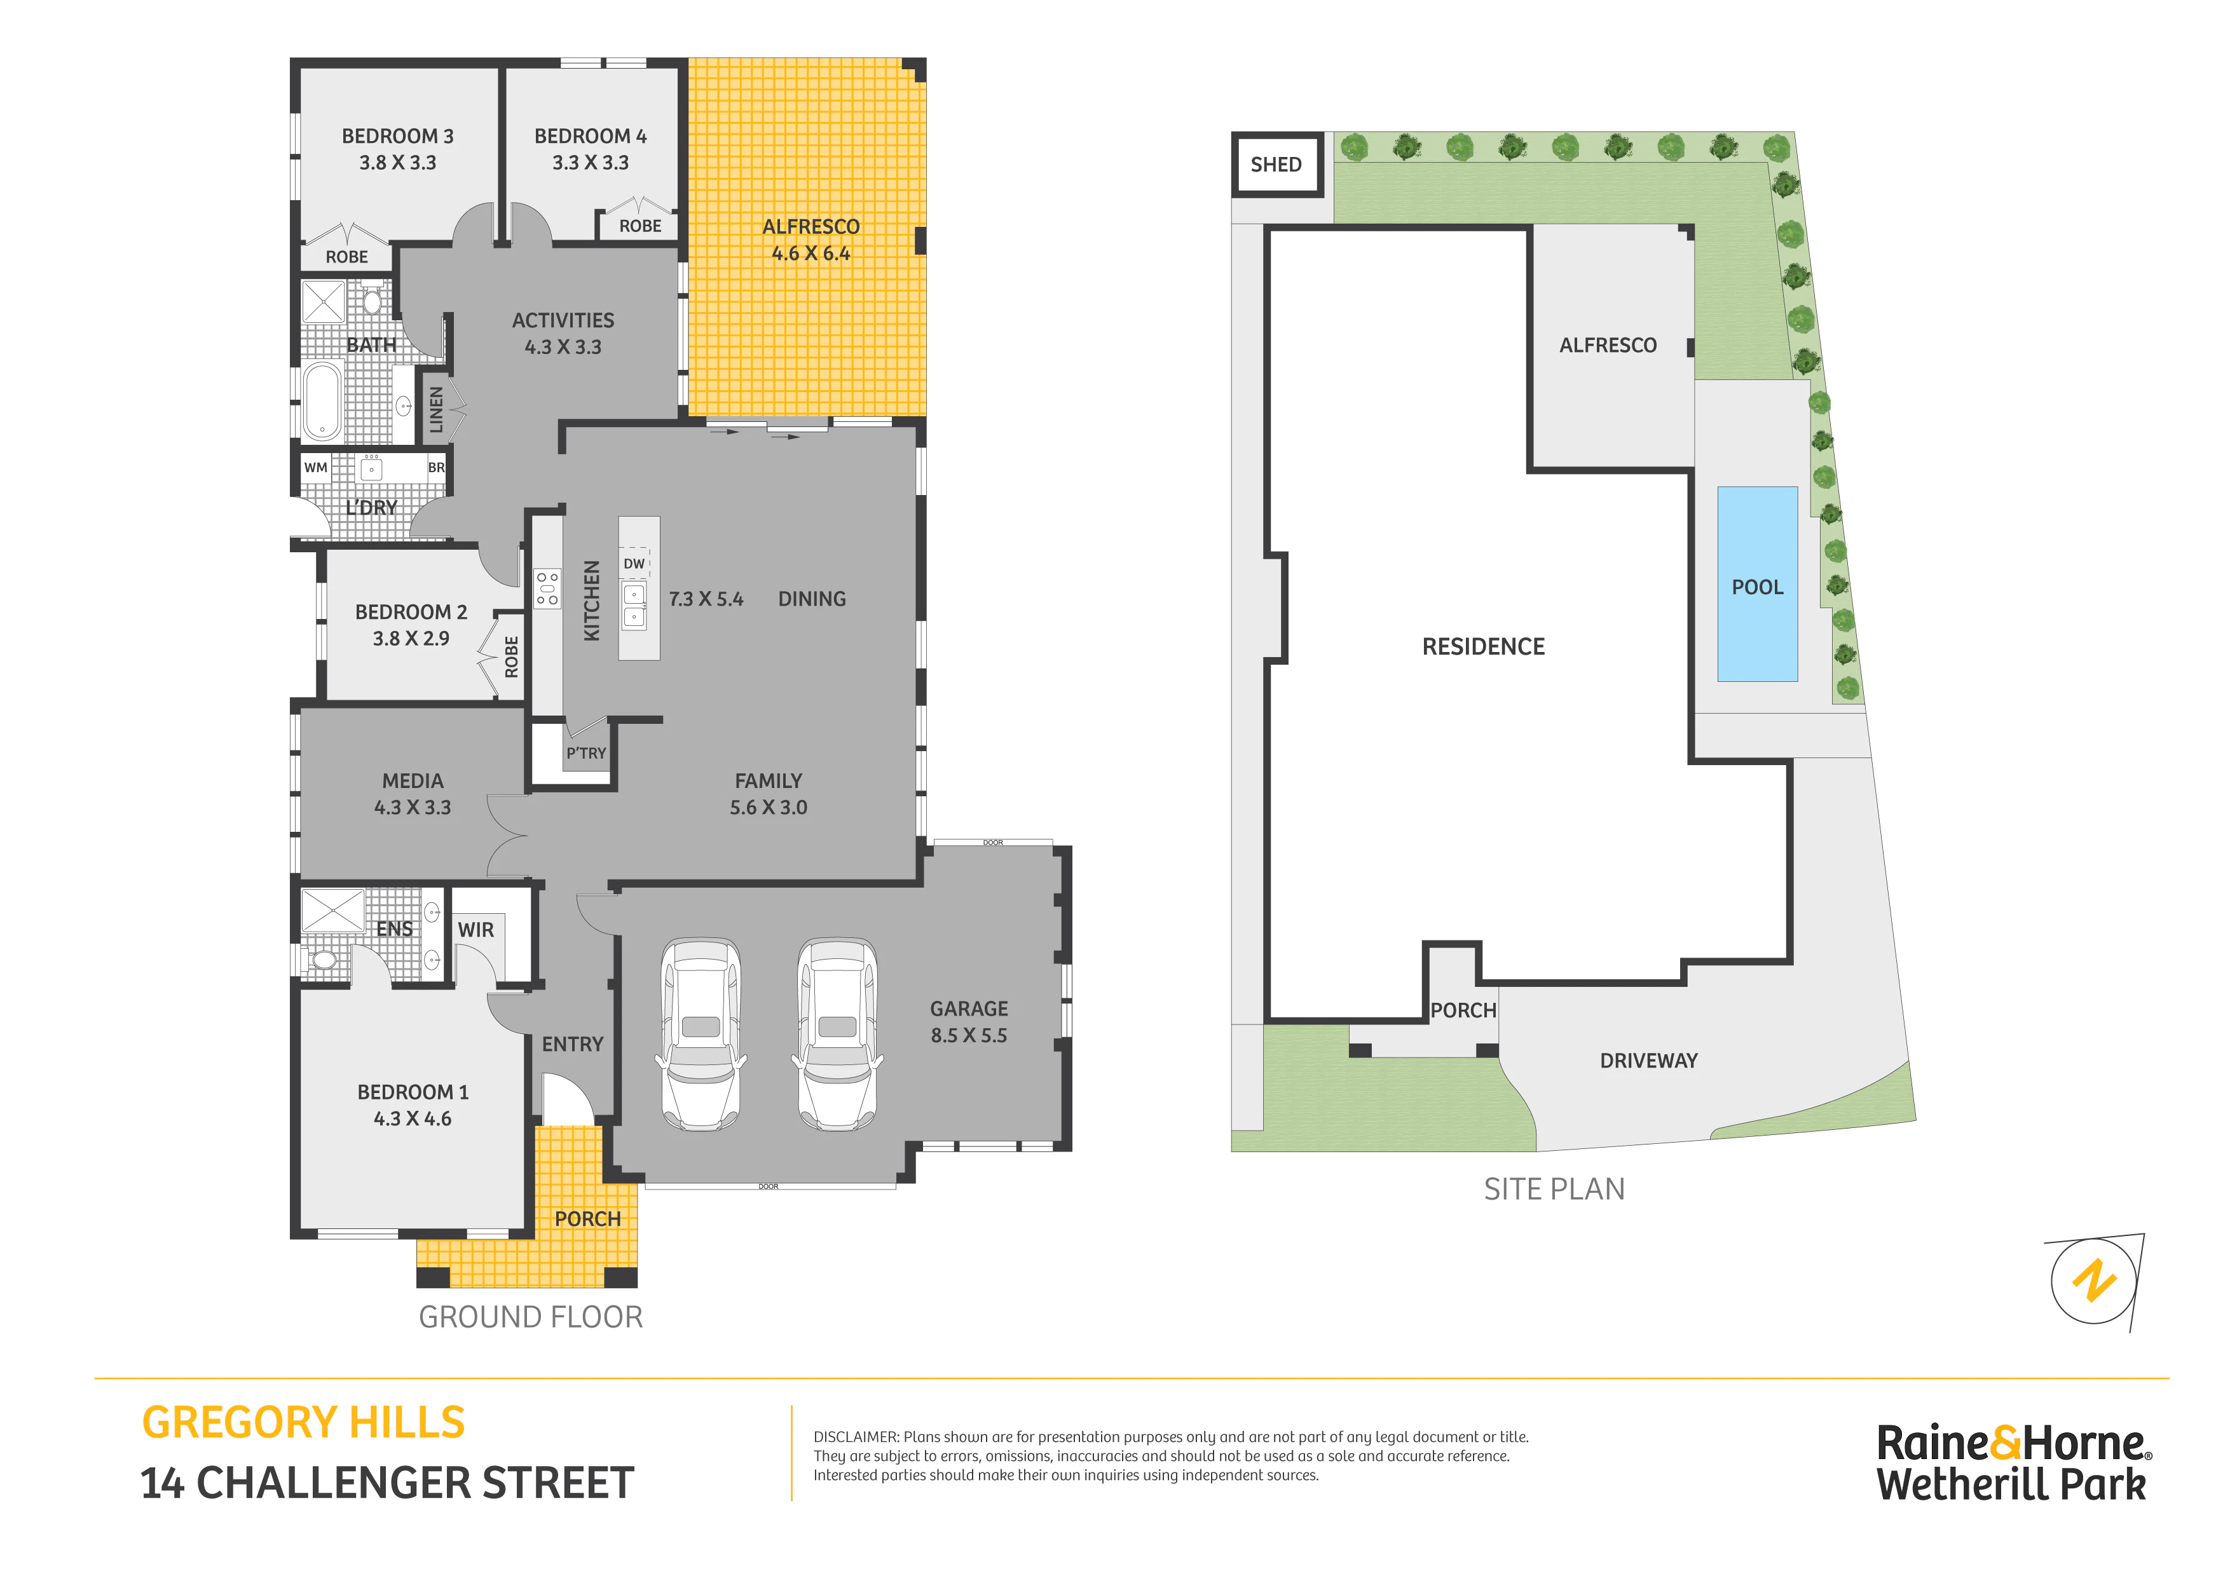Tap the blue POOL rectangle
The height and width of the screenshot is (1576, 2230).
pyautogui.click(x=1757, y=583)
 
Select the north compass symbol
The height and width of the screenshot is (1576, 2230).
pyautogui.click(x=2095, y=1282)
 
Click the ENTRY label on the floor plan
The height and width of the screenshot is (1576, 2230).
pyautogui.click(x=573, y=1044)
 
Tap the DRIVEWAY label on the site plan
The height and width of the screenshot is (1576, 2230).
pyautogui.click(x=1649, y=1061)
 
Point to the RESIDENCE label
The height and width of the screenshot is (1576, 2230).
pyautogui.click(x=1483, y=647)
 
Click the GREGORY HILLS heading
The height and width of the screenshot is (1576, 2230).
pyautogui.click(x=303, y=1423)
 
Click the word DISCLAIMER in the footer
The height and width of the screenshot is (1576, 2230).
pyautogui.click(x=856, y=1437)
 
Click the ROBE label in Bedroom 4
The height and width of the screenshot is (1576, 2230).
pyautogui.click(x=640, y=226)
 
